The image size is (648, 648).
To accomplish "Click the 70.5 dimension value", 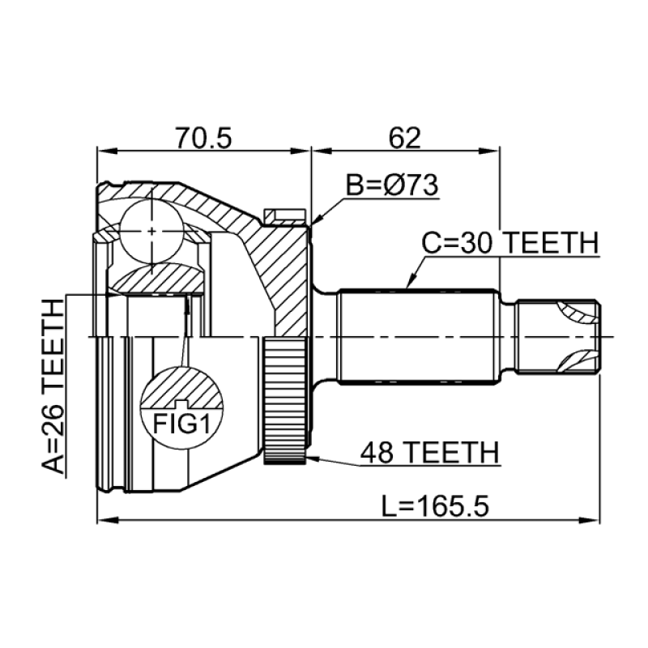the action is coord(203,138).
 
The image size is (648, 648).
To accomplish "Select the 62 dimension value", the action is coord(404,138).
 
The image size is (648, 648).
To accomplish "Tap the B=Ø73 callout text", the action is coord(392,185).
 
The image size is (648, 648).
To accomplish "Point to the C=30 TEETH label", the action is coord(510,243).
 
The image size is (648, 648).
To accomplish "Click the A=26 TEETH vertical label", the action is coord(53,386).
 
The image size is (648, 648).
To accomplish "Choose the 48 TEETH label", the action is coord(430,453).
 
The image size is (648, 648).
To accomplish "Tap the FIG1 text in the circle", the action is coord(181,423).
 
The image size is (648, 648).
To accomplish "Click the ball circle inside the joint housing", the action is coord(151,231).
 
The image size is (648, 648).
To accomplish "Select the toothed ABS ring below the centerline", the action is coord(285,399).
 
